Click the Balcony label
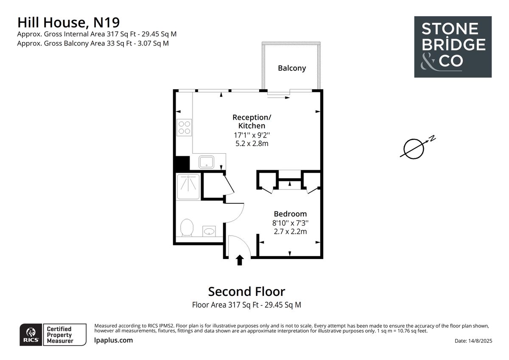point(292,68)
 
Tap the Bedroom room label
point(290,214)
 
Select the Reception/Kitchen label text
point(252,121)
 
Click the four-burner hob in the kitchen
point(184,127)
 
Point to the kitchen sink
point(207,162)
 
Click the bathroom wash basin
point(209,231)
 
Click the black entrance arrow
point(240,260)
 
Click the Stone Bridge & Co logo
point(453,47)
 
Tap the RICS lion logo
point(31,335)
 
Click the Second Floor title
point(246,292)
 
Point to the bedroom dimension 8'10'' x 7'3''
point(290,223)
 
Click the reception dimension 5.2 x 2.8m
point(252,143)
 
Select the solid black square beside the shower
point(182,164)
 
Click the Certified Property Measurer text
point(59,335)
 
